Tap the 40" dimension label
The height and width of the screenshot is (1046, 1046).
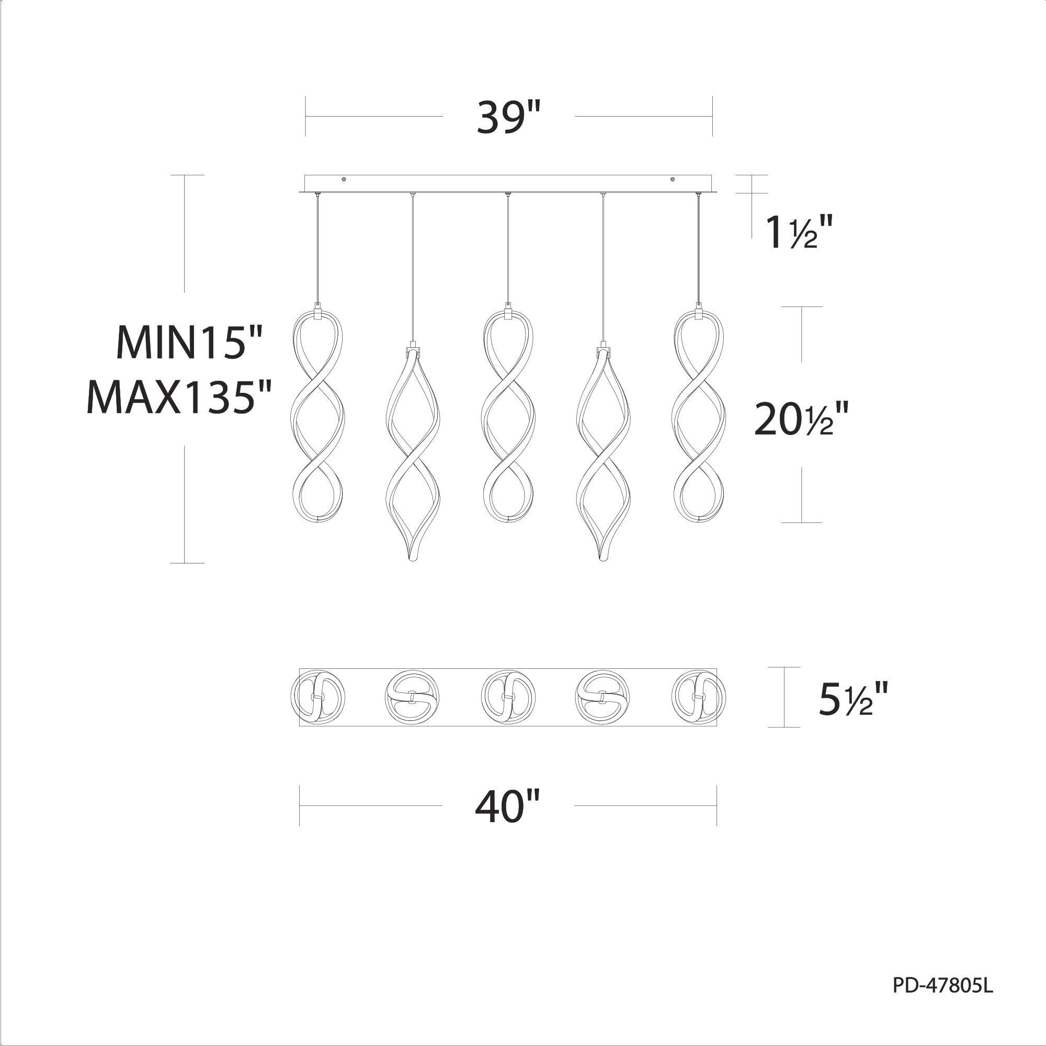pyautogui.click(x=507, y=805)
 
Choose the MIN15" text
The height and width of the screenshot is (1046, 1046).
pyautogui.click(x=189, y=343)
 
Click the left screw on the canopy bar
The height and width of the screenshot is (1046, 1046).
pyautogui.click(x=344, y=179)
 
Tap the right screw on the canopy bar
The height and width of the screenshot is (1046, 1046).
pyautogui.click(x=673, y=179)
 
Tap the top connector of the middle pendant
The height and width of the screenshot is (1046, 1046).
pyautogui.click(x=508, y=313)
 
